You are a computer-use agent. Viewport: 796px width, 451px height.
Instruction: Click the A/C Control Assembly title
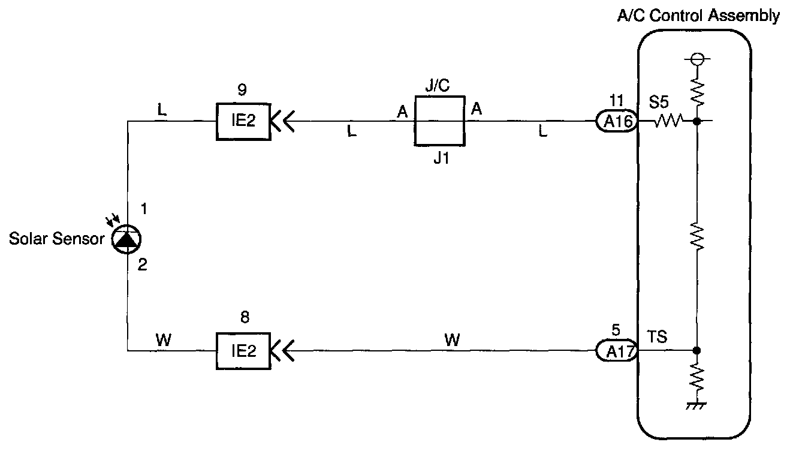(x=699, y=16)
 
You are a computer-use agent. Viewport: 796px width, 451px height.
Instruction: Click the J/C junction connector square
(x=439, y=121)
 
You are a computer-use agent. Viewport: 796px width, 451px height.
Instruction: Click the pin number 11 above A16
(x=616, y=100)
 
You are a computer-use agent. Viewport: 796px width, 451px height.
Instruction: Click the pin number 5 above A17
(x=616, y=329)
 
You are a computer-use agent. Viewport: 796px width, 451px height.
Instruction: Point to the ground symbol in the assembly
(x=696, y=405)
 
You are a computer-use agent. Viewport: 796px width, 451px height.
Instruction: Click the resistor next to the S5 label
(x=668, y=122)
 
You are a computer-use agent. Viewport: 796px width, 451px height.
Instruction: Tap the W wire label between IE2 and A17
(x=453, y=340)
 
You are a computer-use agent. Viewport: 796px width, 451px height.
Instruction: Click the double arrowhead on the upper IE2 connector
(x=282, y=122)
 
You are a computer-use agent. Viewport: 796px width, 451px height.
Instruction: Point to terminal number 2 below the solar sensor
(x=142, y=264)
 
